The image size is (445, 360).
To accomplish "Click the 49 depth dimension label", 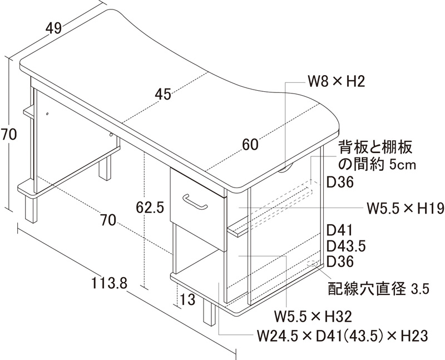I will (53, 28).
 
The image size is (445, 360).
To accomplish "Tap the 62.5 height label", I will (150, 208).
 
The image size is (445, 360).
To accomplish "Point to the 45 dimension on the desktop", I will (163, 95).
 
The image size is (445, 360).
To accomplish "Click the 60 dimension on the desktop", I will (250, 145).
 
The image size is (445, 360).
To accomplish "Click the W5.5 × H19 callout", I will (404, 209).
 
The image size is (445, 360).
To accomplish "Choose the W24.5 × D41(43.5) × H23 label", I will (342, 336).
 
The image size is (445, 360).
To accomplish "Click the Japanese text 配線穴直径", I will (368, 288).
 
